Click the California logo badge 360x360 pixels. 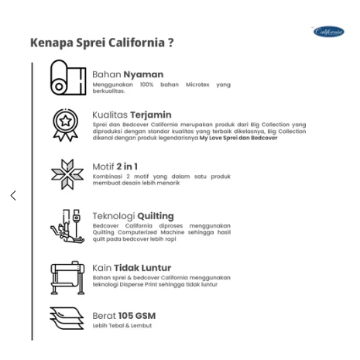329,32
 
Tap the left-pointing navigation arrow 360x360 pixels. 13,195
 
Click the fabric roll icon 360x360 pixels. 68,77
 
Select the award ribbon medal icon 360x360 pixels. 66,125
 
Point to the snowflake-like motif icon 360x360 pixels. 67,174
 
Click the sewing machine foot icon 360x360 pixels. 67,226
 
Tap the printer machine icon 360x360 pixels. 67,278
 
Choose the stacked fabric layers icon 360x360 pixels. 67,318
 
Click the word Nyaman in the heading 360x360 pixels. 143,74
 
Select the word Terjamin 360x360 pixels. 151,115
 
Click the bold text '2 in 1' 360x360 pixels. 127,166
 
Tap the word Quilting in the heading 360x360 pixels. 156,216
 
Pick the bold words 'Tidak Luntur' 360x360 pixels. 142,268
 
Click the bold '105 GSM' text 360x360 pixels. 137,316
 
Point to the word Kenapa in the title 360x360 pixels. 52,43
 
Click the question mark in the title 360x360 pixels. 171,43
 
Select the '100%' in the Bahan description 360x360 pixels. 146,84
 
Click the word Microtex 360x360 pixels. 197,84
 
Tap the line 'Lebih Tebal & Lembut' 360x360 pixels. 122,326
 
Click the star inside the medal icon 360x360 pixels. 65,120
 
